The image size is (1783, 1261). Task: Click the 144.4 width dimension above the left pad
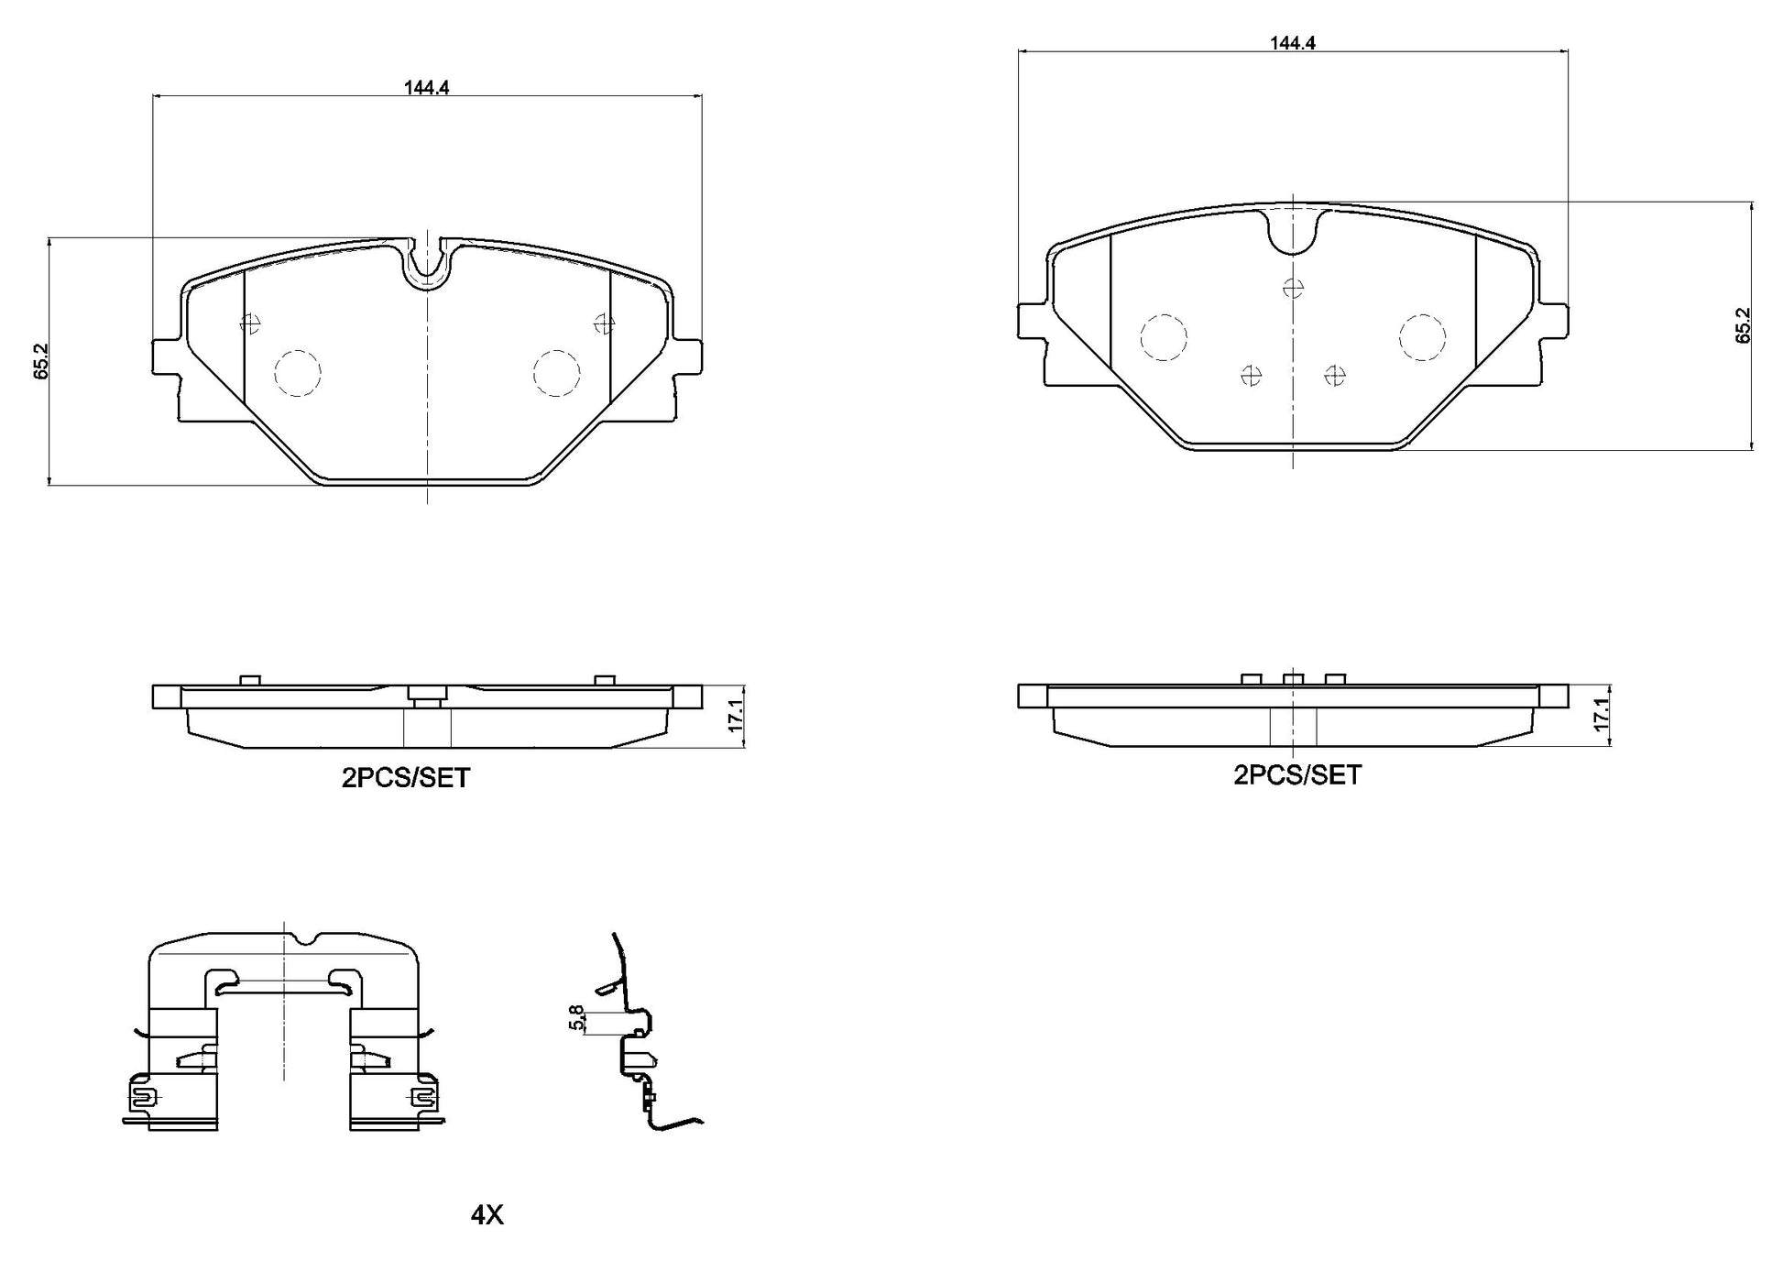[x=426, y=87]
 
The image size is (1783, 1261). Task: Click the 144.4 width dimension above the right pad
[x=1292, y=42]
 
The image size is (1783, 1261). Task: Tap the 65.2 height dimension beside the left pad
[x=40, y=362]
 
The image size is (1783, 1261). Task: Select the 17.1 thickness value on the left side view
[x=734, y=716]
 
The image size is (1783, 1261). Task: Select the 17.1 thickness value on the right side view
[x=1601, y=714]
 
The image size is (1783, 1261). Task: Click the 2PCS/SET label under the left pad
[x=405, y=778]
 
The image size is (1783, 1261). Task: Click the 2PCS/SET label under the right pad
[x=1296, y=775]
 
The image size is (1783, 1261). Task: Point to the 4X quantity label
[x=487, y=1215]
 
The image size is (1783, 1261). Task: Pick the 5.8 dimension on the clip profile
[x=576, y=1018]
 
